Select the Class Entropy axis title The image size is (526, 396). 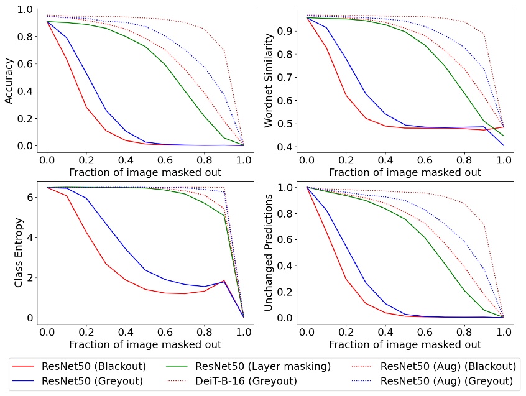click(19, 252)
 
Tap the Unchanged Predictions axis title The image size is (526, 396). click(269, 252)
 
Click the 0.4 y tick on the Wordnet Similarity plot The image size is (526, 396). click(287, 147)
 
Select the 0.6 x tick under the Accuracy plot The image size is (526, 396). click(165, 160)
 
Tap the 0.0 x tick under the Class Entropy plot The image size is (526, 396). click(45, 332)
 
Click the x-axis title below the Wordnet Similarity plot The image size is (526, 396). click(405, 172)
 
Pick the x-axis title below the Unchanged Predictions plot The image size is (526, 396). click(405, 344)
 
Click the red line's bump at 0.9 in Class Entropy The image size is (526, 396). click(224, 280)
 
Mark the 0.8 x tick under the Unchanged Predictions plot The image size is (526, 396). click(464, 332)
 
